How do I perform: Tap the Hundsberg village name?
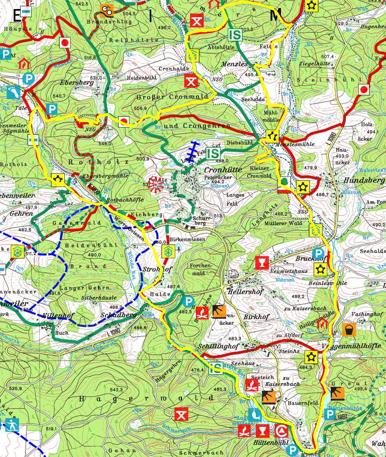360,179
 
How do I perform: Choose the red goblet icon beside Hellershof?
261,262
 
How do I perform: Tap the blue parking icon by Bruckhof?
318,253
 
